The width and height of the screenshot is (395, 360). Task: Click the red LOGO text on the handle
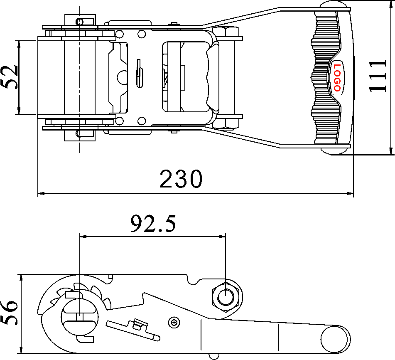coord(336,77)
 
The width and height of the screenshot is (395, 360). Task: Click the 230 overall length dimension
coord(181,180)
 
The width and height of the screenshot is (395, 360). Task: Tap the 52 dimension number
coord(9,77)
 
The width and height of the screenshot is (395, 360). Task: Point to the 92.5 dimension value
coord(153,224)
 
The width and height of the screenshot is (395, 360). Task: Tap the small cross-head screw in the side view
coord(174,322)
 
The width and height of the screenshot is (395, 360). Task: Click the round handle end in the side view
coord(336,339)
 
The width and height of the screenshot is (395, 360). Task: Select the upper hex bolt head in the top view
coord(226,32)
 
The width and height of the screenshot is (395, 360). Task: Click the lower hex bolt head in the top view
coord(226,123)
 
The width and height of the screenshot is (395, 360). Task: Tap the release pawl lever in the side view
coord(132,328)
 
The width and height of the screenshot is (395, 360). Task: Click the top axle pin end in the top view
coord(79,20)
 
